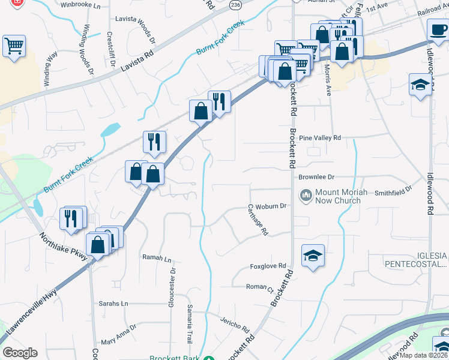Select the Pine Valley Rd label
(x=319, y=138)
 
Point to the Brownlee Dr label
(x=316, y=177)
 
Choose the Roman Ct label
(x=260, y=287)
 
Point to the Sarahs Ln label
(x=113, y=304)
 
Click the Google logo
(x=20, y=353)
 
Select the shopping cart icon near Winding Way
(x=14, y=46)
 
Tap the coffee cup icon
(x=438, y=29)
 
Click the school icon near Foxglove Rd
(x=313, y=256)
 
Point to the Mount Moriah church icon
(x=306, y=196)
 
